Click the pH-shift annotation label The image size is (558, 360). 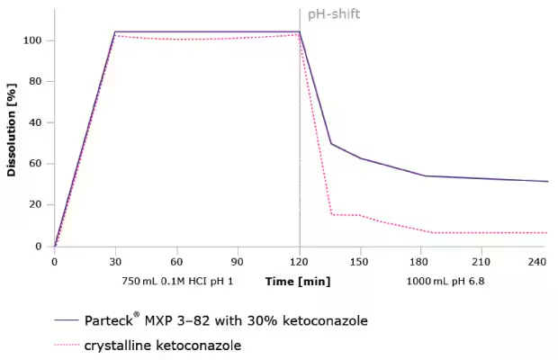click(x=333, y=15)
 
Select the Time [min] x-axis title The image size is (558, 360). click(x=298, y=281)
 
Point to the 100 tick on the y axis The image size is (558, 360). click(x=33, y=40)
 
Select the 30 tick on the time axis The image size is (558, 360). click(x=115, y=261)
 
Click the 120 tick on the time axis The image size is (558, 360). click(x=299, y=261)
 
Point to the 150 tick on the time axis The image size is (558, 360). click(x=361, y=261)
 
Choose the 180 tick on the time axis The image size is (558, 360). click(x=422, y=261)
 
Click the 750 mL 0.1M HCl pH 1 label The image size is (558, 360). click(x=177, y=281)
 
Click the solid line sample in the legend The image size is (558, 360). click(x=66, y=320)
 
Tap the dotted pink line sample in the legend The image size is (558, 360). click(x=66, y=345)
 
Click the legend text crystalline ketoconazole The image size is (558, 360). click(x=164, y=345)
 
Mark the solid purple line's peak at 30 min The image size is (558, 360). click(x=115, y=31)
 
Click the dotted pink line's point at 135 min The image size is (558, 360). click(x=331, y=214)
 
